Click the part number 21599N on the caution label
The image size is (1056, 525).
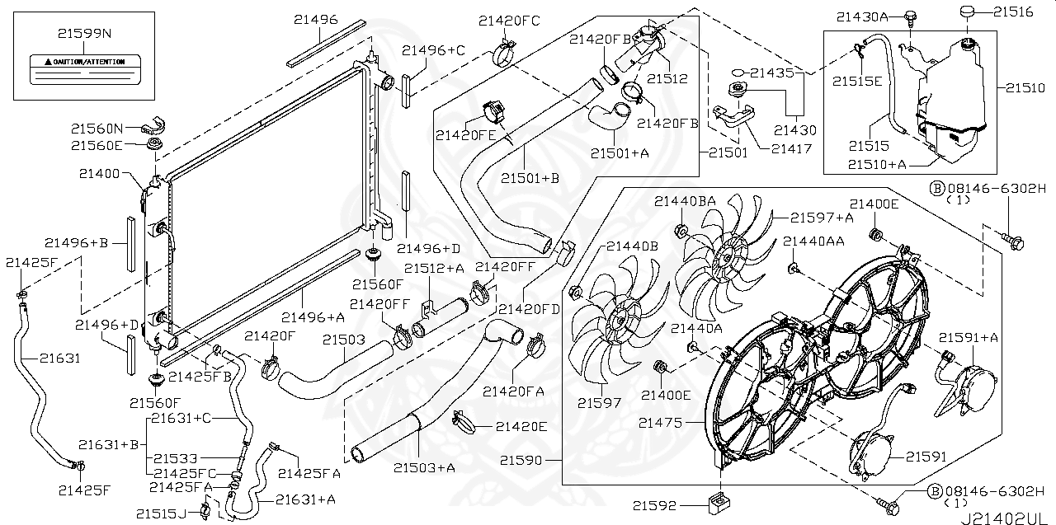click(84, 34)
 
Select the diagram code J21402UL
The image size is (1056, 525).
click(1007, 517)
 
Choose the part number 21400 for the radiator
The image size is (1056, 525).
click(100, 174)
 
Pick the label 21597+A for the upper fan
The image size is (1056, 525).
click(822, 218)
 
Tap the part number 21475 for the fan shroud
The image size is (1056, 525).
click(660, 423)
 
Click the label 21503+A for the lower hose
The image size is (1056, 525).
click(424, 468)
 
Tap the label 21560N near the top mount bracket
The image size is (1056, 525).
click(97, 129)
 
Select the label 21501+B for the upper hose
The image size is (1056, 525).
click(530, 176)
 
